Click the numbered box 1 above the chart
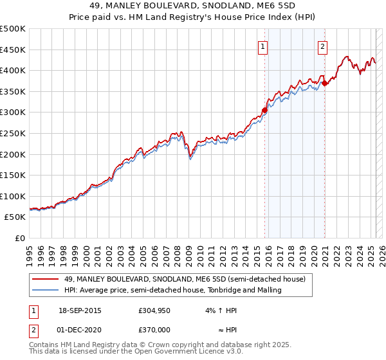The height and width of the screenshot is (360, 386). pos(264,46)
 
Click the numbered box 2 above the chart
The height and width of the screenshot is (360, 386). pos(322,46)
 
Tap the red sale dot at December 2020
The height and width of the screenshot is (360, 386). pos(325,82)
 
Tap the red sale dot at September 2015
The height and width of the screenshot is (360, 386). pos(264,110)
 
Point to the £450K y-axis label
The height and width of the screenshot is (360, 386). pos(13,50)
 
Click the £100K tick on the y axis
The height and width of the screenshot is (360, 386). pos(13,196)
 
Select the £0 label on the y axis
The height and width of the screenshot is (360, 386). pos(19,239)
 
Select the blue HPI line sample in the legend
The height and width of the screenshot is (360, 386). pos(46,290)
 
